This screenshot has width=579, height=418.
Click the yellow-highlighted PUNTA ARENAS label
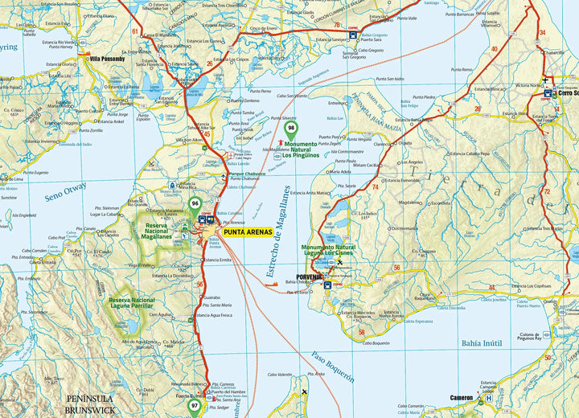pos(247,232)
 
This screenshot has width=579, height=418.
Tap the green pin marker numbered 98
pos(291,127)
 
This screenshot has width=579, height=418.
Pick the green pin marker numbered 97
pos(195,406)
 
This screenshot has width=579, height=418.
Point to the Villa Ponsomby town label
pos(107,59)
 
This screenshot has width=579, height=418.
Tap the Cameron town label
pos(462,397)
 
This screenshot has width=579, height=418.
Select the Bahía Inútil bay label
pos(482,342)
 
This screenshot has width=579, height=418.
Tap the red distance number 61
pos(135,33)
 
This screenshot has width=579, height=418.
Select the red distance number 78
pos(336,26)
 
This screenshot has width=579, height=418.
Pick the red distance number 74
pos(375,186)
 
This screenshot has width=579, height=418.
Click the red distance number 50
pos(547,357)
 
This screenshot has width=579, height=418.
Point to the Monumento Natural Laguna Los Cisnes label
pos(328,250)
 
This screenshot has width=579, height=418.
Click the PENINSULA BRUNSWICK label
pos(90,404)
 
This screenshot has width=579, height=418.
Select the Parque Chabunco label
pos(247,173)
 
